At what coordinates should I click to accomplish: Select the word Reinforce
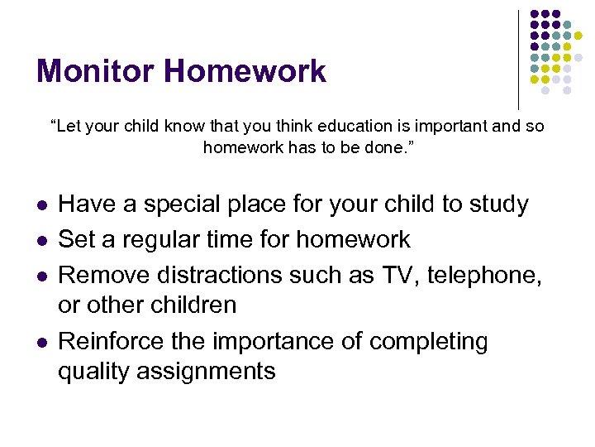coord(110,341)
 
